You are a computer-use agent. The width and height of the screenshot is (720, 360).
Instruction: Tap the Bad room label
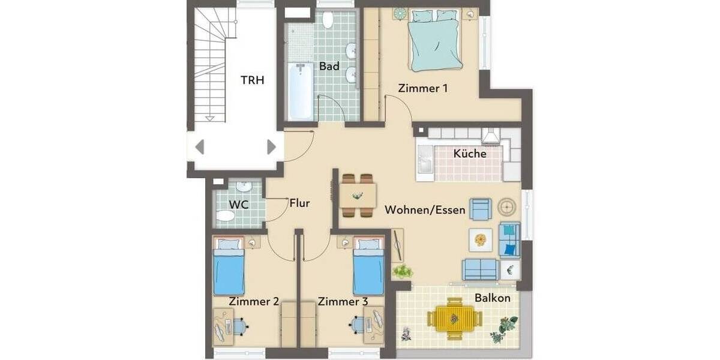point(329,65)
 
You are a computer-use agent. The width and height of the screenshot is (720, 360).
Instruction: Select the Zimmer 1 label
point(423,88)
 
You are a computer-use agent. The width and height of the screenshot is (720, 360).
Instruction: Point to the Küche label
point(470,154)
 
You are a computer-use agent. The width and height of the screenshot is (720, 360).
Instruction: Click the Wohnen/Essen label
point(425,210)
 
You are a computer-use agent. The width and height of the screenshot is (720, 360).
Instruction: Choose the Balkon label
point(493,298)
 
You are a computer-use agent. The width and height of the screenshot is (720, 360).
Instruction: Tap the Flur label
point(299,203)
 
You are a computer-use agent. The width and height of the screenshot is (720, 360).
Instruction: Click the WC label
point(239,205)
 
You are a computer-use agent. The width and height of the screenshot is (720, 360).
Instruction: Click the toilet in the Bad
point(328,21)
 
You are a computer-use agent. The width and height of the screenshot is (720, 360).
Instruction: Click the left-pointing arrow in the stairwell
point(200,147)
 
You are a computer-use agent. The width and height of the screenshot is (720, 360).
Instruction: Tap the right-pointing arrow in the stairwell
point(271,147)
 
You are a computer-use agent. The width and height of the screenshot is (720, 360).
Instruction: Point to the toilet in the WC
point(226,215)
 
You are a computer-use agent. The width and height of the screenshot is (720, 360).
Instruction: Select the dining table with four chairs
point(358,195)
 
